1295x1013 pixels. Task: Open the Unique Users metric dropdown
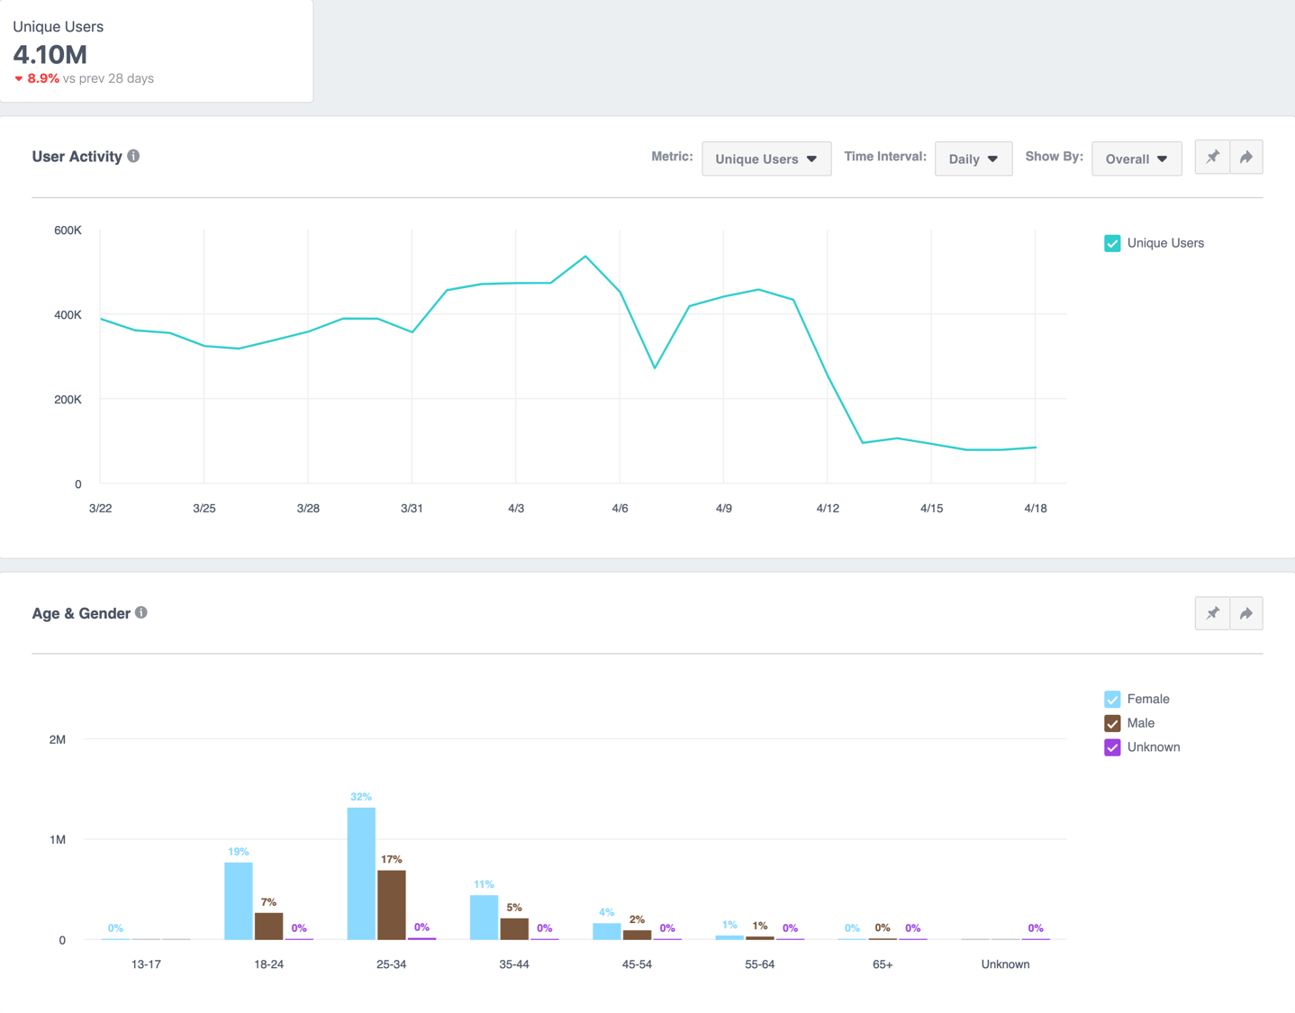pyautogui.click(x=765, y=158)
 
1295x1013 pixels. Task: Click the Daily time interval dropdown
pyautogui.click(x=973, y=158)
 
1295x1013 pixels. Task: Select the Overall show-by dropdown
pyautogui.click(x=1136, y=158)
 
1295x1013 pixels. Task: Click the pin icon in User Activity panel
pyautogui.click(x=1212, y=157)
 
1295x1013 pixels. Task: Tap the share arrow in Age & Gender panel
pyautogui.click(x=1246, y=613)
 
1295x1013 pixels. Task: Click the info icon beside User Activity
pyautogui.click(x=133, y=156)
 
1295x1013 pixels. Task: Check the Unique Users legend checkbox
pyautogui.click(x=1112, y=243)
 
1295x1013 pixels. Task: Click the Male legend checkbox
pyautogui.click(x=1112, y=723)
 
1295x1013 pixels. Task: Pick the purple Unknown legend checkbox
pyautogui.click(x=1112, y=747)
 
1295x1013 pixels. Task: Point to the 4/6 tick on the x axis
pyautogui.click(x=620, y=508)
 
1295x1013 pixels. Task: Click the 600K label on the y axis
pyautogui.click(x=68, y=231)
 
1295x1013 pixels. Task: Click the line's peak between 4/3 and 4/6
pyautogui.click(x=585, y=257)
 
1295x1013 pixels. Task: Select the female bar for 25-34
pyautogui.click(x=361, y=873)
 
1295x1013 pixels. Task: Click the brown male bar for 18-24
pyautogui.click(x=268, y=926)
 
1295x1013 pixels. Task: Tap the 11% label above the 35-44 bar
pyautogui.click(x=484, y=884)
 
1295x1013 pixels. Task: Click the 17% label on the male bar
pyautogui.click(x=391, y=859)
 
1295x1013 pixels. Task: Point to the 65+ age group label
pyautogui.click(x=883, y=963)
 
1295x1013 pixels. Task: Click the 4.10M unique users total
pyautogui.click(x=50, y=54)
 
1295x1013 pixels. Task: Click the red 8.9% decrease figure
pyautogui.click(x=42, y=78)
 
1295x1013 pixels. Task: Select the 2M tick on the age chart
pyautogui.click(x=58, y=739)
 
